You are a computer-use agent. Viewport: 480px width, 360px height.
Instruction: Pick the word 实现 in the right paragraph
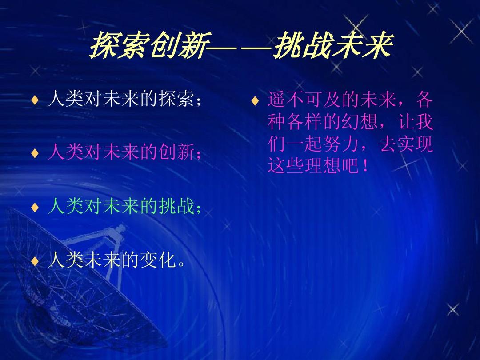[416, 144]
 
